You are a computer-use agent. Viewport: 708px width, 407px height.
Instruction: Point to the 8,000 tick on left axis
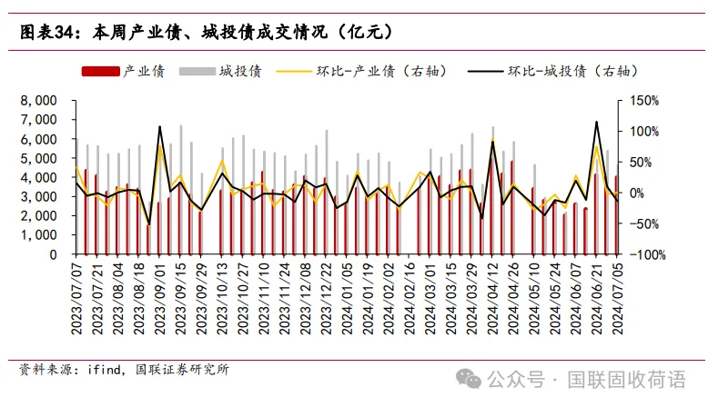click(38, 100)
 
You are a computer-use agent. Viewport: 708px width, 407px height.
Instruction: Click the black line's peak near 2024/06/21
click(596, 122)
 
